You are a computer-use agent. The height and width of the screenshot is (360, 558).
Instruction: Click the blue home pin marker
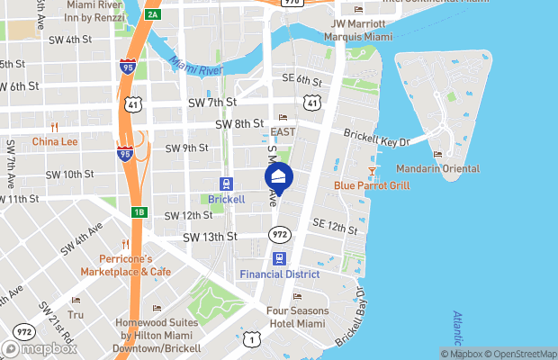pos(279,178)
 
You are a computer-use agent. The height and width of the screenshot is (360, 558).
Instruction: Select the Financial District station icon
pos(280,257)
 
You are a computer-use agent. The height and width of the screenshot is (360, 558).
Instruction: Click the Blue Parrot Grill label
pos(372,185)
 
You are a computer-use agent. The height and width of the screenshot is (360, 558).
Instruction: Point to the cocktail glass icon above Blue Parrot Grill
pos(372,170)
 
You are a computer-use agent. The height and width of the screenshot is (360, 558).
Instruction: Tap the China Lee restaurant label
pos(55,141)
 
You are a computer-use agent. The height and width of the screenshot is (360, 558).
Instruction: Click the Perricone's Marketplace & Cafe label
pos(125,265)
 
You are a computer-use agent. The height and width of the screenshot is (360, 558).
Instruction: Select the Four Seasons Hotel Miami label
pos(297,318)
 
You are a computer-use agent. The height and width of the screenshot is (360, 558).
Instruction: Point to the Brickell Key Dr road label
pos(377,136)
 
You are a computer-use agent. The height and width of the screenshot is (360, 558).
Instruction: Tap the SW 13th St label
pos(210,237)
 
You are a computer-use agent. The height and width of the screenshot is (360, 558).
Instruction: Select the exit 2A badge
pos(153,13)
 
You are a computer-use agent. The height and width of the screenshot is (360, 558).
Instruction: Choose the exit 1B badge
pos(139,212)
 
